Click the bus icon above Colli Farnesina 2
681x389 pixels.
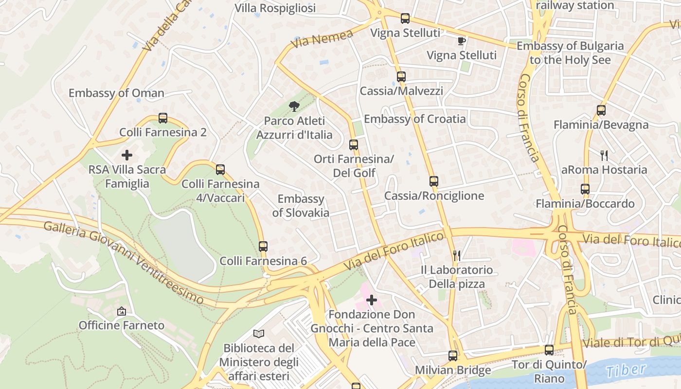(x=163, y=118)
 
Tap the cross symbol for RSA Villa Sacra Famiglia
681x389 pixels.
(x=127, y=156)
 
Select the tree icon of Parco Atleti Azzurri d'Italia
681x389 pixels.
(x=294, y=106)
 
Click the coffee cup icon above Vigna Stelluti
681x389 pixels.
(x=462, y=41)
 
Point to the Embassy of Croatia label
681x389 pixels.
(x=414, y=119)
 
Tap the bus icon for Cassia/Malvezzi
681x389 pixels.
(x=401, y=77)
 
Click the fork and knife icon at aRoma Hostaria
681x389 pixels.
(x=604, y=156)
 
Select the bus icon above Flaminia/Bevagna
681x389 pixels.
(x=601, y=110)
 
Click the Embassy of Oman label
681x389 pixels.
(x=116, y=93)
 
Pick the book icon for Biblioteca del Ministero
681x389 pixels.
(x=259, y=334)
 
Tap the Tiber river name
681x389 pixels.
(x=626, y=370)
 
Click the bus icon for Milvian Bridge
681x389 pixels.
(x=453, y=356)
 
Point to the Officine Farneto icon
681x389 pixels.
(x=122, y=311)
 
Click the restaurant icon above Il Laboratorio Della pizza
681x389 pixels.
(x=456, y=255)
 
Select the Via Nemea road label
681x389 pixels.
(x=322, y=39)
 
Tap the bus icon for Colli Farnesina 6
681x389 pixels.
(x=263, y=247)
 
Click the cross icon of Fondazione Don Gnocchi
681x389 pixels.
(x=372, y=300)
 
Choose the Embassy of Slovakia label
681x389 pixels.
(x=301, y=206)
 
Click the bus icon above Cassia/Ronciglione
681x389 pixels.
(x=434, y=181)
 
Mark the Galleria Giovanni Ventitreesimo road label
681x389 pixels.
(x=124, y=263)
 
